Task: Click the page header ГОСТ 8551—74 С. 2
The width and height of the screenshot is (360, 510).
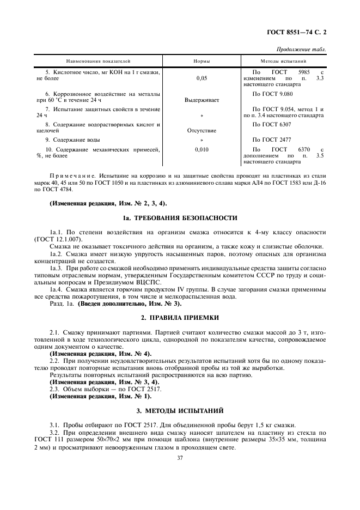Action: click(x=298, y=33)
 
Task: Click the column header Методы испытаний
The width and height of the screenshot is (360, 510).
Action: click(x=283, y=62)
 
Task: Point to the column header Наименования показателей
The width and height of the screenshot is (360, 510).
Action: click(x=99, y=62)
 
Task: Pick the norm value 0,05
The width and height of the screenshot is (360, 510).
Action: click(x=201, y=78)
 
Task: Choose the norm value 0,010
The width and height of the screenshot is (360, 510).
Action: click(x=201, y=149)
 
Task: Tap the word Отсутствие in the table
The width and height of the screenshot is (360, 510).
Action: click(x=201, y=131)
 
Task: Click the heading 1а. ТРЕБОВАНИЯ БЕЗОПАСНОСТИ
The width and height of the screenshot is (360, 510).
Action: click(x=180, y=218)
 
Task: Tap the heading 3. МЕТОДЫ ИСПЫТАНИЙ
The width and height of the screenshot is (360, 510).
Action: click(x=180, y=410)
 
